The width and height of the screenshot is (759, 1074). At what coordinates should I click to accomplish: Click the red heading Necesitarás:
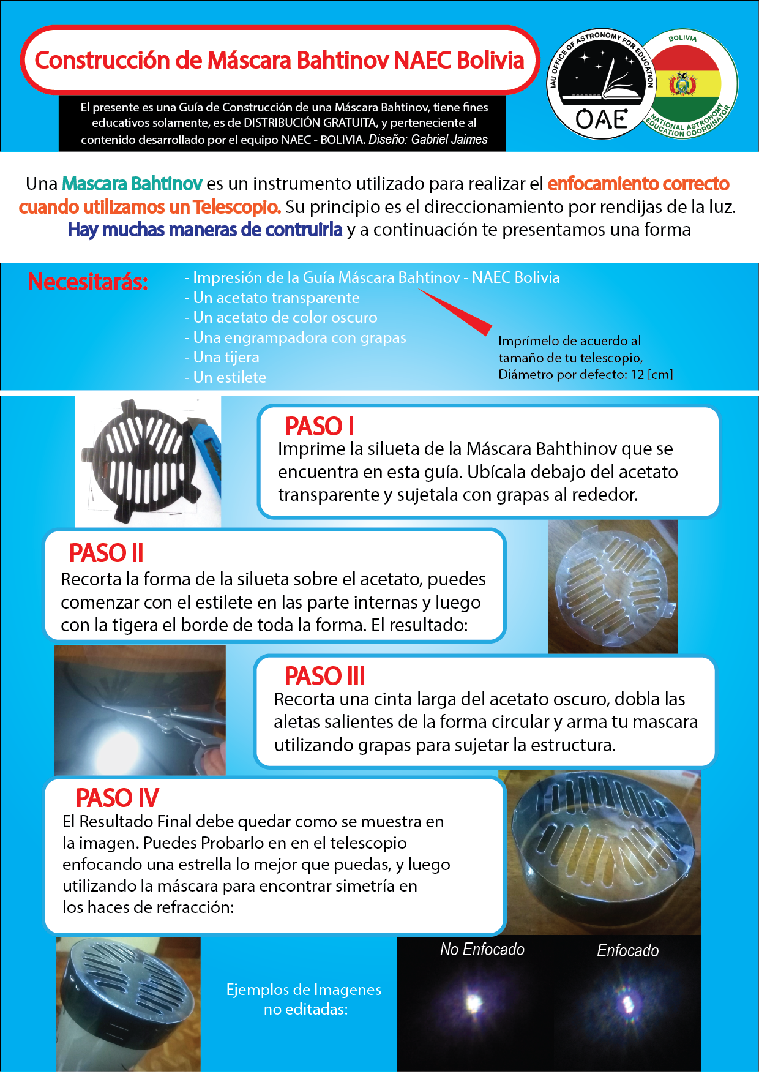click(88, 282)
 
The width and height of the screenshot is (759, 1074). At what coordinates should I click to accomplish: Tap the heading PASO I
click(320, 426)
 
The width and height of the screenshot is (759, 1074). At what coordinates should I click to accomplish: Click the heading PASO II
click(106, 553)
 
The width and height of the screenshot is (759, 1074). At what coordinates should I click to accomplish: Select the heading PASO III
click(324, 676)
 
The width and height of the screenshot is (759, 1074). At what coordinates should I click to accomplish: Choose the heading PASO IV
click(117, 798)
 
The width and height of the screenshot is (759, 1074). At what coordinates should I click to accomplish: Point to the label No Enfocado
click(482, 949)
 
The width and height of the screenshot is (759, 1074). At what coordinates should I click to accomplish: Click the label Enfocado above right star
click(627, 950)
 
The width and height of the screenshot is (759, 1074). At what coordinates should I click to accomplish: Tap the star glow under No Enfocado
click(473, 1002)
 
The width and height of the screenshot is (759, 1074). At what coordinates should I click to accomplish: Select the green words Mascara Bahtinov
click(132, 183)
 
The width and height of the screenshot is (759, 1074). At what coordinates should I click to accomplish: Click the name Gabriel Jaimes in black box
click(449, 139)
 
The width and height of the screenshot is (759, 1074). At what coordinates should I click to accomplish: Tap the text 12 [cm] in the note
click(651, 374)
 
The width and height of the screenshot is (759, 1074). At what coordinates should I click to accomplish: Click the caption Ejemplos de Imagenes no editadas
click(304, 999)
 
